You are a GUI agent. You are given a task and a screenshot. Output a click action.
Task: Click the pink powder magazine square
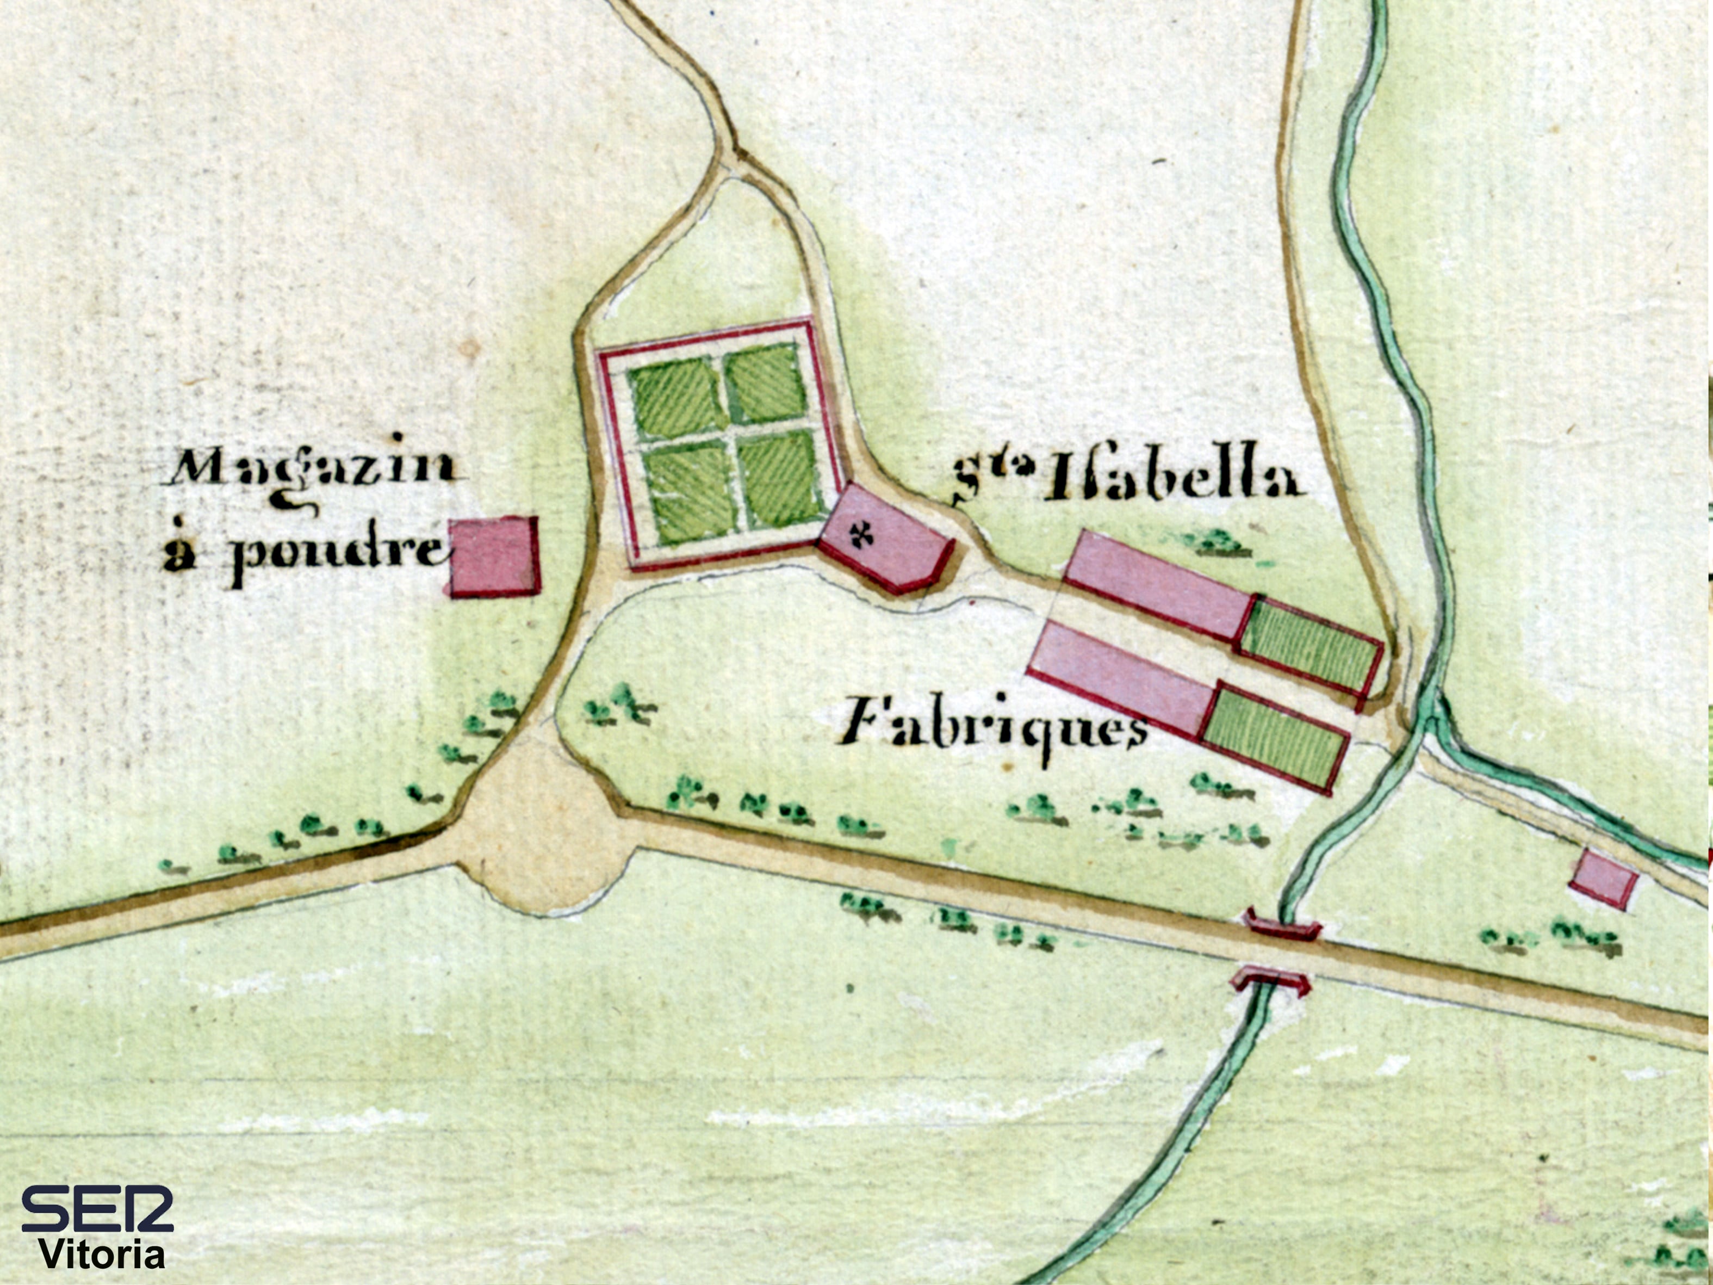tap(494, 556)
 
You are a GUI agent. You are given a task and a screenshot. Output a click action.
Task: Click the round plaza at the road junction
tap(542, 837)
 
